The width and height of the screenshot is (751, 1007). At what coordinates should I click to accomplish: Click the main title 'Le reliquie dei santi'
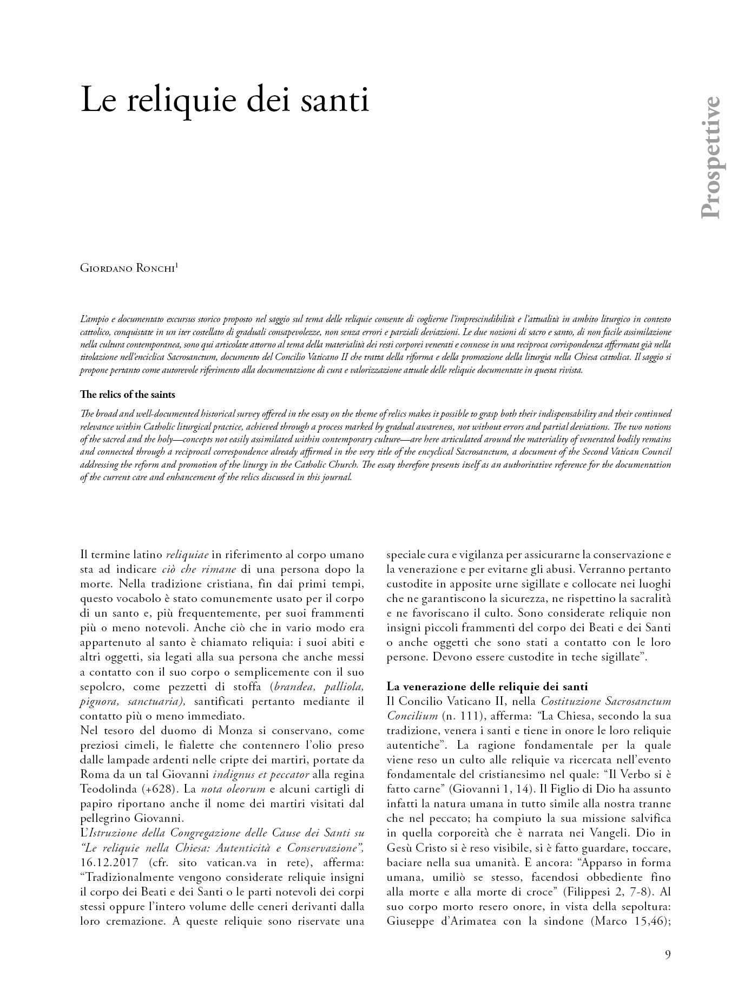point(225,99)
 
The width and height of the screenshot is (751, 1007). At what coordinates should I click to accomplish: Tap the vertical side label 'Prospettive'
point(710,158)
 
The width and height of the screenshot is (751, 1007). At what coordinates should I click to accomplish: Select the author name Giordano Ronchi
point(127,268)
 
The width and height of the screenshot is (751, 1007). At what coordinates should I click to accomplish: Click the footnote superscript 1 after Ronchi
point(177,265)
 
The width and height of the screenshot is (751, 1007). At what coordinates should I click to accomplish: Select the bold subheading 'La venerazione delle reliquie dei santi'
point(487,686)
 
